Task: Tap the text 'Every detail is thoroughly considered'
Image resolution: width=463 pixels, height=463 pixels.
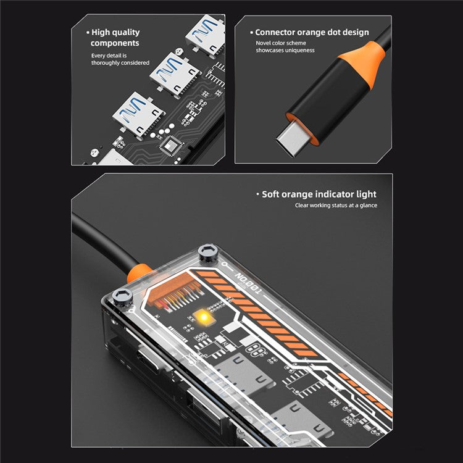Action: coord(120,59)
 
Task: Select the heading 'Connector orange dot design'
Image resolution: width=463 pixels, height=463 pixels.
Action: coord(312,32)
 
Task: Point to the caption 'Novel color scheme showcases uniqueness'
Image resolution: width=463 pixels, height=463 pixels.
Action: coord(285,47)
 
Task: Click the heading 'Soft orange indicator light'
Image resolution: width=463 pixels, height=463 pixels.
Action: coord(319,194)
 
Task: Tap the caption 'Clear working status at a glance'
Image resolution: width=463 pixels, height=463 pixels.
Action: coord(335,206)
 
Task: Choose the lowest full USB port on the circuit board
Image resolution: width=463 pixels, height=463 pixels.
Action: coord(138,112)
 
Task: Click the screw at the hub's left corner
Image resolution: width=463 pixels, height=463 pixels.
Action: coord(123,299)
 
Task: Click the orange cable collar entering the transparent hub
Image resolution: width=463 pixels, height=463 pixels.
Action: coord(138,270)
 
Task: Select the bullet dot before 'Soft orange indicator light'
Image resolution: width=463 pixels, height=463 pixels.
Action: coord(257,194)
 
